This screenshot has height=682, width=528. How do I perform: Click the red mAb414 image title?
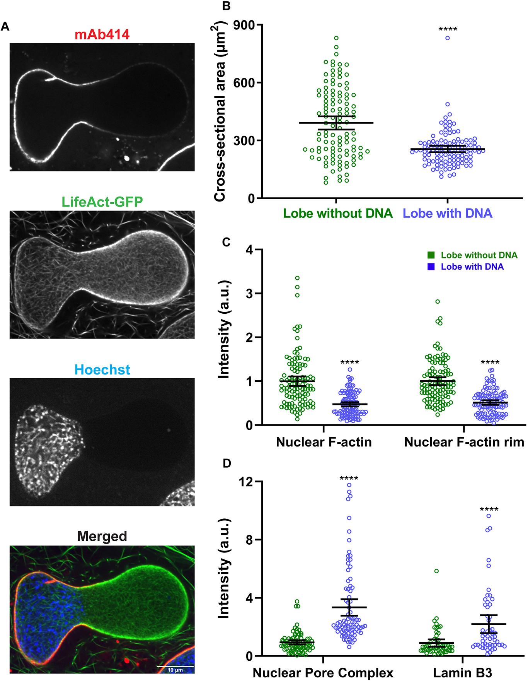click(102, 35)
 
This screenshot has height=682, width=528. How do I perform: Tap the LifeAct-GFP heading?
click(102, 202)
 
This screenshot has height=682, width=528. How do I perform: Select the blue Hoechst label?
click(102, 370)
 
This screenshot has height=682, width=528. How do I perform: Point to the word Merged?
click(102, 536)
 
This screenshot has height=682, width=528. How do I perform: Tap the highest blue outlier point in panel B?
click(447, 38)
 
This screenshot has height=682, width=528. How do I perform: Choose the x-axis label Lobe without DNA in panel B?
click(338, 213)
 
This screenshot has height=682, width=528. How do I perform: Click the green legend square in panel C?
click(431, 255)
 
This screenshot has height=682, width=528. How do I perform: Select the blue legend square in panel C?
click(431, 267)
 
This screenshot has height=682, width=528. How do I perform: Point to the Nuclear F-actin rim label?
click(464, 443)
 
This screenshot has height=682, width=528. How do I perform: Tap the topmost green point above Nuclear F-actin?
click(297, 278)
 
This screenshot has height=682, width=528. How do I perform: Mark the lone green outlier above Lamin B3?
click(436, 571)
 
